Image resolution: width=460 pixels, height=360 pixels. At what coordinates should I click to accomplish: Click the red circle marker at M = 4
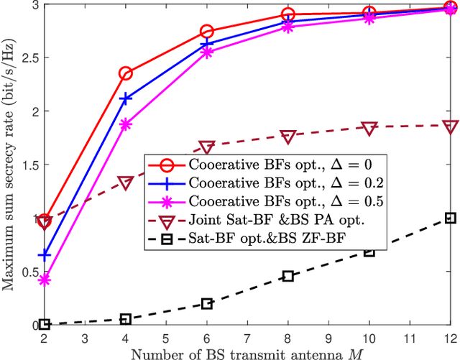[125, 73]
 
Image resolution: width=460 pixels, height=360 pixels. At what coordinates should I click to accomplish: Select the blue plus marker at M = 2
[44, 255]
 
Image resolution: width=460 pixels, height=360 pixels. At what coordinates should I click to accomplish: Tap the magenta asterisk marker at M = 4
[125, 124]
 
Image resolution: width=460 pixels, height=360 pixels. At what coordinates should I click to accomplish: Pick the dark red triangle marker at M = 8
[287, 137]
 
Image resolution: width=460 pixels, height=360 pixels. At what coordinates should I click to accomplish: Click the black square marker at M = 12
[451, 218]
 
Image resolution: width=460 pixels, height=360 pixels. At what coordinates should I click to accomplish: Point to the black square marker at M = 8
[287, 276]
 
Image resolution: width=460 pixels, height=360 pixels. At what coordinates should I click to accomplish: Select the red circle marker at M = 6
[206, 32]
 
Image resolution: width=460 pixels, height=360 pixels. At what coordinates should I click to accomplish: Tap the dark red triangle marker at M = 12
[451, 126]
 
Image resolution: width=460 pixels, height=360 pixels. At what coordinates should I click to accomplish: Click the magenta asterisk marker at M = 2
[44, 280]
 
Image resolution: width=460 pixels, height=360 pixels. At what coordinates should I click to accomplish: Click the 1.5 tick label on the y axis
[27, 165]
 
